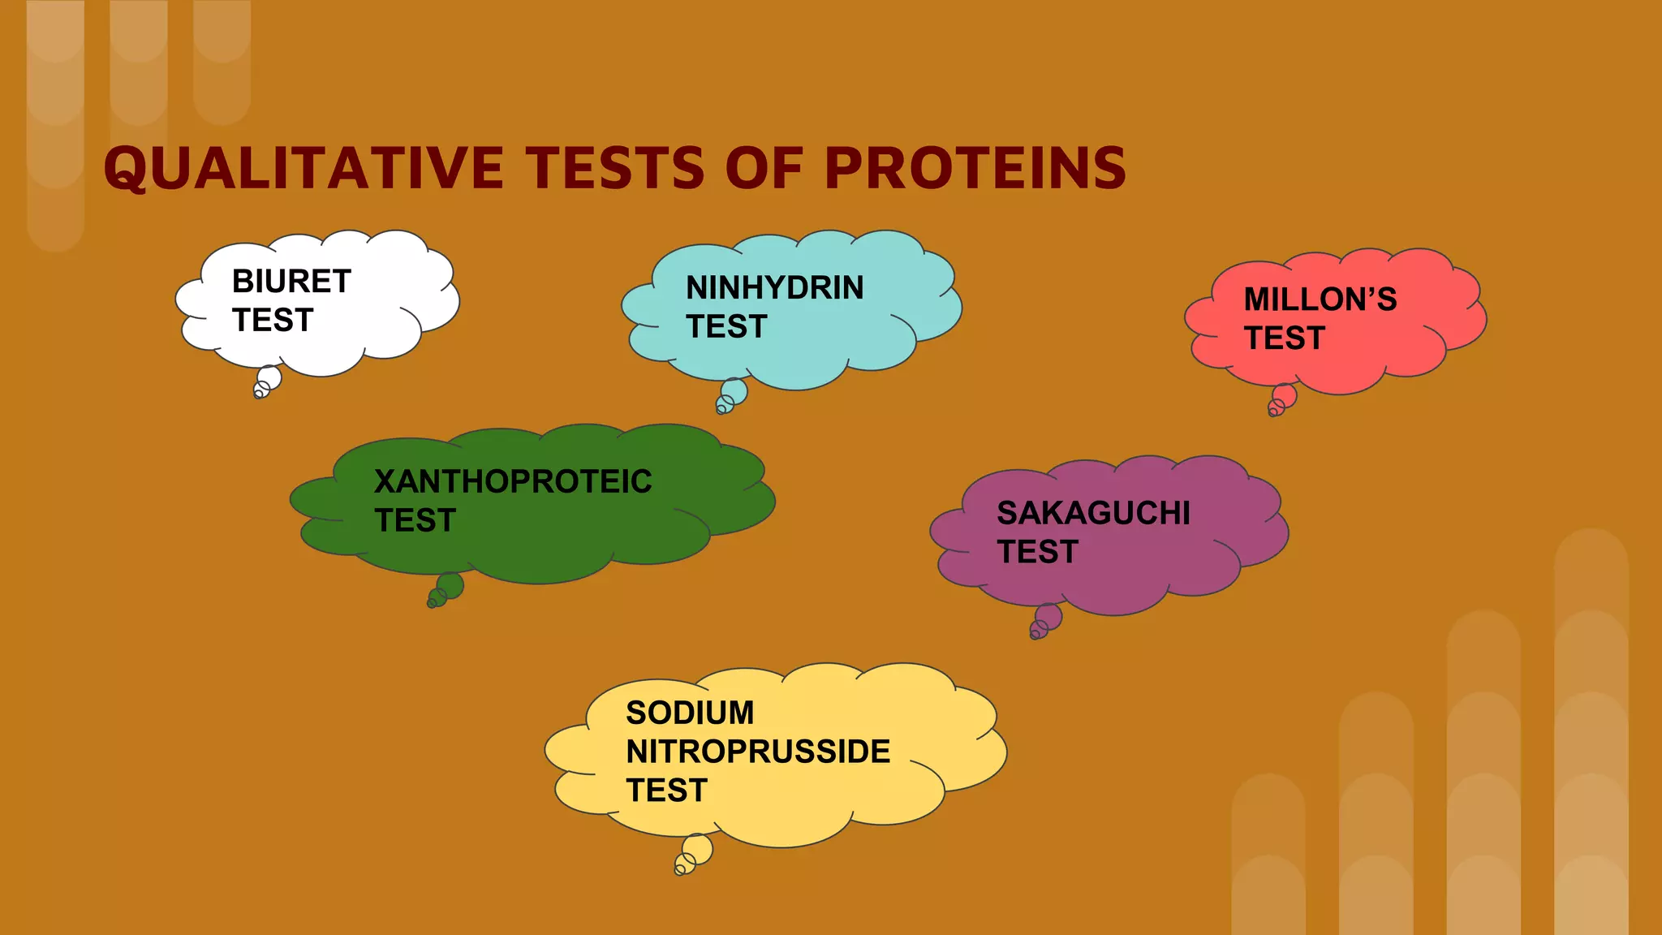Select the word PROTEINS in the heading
pos(975,169)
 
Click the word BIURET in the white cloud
pos(291,282)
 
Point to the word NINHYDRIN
pos(774,288)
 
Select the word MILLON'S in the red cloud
pos(1320,299)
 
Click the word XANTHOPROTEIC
pos(513,481)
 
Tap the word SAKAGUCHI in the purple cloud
pos(1093,513)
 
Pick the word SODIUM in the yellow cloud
pos(690,713)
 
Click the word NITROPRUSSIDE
pos(758,752)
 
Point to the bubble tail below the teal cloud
pos(733,394)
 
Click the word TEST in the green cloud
pos(415,520)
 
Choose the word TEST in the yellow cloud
pos(666,791)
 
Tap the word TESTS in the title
pos(617,169)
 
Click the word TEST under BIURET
pos(273,321)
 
